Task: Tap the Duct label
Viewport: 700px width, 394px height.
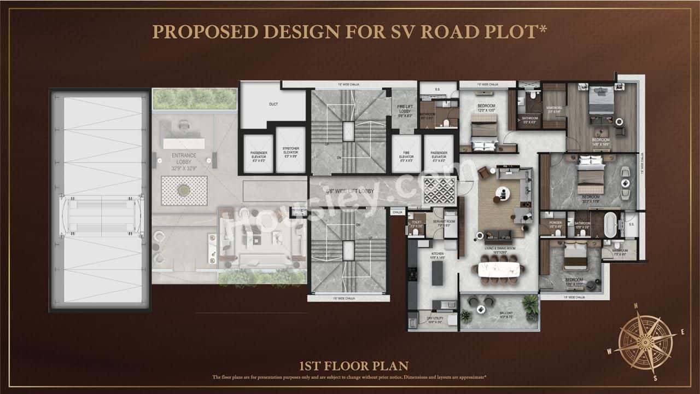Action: [x=273, y=103]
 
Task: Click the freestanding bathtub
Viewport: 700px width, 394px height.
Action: [x=610, y=224]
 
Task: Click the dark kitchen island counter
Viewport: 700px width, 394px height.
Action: [x=437, y=273]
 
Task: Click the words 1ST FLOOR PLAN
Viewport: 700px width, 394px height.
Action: [x=353, y=366]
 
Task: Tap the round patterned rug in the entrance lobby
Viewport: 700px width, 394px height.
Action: [x=184, y=190]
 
